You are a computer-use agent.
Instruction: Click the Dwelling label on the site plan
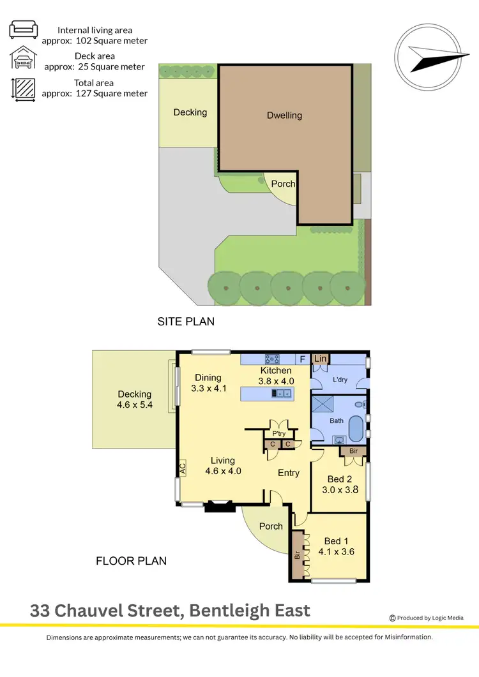pos(284,115)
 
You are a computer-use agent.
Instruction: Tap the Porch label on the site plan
pos(283,184)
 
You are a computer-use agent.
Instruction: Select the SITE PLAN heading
pos(186,322)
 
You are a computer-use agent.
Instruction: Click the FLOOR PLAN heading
pos(131,561)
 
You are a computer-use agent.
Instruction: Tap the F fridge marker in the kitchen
pos(303,359)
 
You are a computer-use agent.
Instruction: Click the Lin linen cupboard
pos(320,360)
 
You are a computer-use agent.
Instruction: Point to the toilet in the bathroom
pos(361,405)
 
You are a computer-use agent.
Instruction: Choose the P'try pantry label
pos(278,432)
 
